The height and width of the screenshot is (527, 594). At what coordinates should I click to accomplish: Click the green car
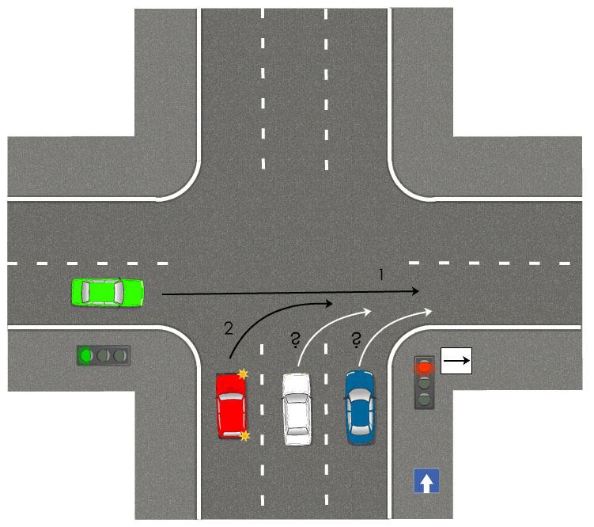107,292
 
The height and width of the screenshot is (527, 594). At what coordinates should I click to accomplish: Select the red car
232,405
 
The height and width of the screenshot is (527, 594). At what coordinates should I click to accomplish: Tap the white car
297,407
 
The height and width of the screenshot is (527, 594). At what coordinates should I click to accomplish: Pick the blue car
361,407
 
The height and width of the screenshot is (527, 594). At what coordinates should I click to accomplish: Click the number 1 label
381,275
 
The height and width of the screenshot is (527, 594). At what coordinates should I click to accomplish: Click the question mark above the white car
294,341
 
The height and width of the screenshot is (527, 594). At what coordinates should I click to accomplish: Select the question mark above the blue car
357,341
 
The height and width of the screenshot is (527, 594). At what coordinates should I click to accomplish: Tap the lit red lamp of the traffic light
425,366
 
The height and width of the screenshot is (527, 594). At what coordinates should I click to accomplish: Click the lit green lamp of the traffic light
86,355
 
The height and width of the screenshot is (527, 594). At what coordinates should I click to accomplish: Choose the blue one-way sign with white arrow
426,480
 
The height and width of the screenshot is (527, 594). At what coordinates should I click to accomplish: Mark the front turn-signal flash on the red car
242,373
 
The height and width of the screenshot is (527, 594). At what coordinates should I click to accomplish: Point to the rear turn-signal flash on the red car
244,435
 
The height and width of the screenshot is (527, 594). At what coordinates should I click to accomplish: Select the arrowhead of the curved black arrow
327,302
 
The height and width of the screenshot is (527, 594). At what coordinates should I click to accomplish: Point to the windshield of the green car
119,292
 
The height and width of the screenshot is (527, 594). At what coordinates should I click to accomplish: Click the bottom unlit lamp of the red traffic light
425,399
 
